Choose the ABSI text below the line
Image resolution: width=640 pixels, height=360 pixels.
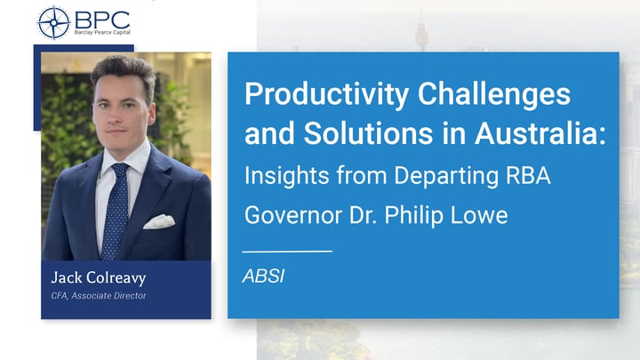click(262, 276)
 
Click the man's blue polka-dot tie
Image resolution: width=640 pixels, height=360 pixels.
click(116, 210)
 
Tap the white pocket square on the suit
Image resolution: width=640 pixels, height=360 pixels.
click(159, 220)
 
